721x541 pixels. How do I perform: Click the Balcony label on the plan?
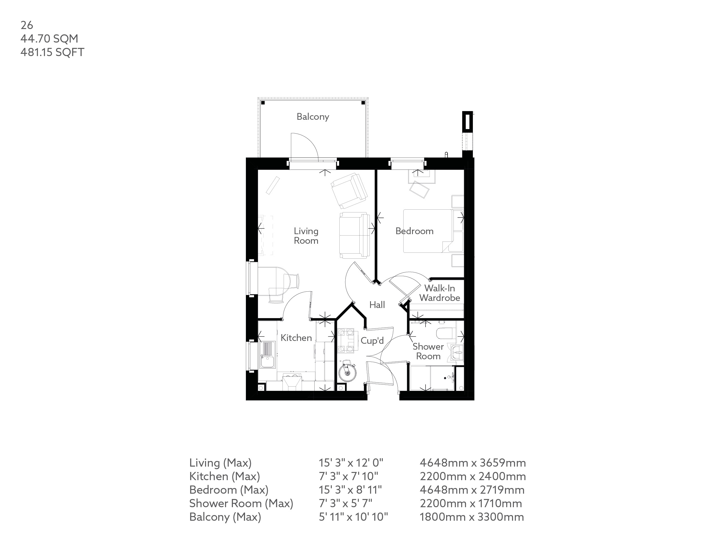click(313, 117)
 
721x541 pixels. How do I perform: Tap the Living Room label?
click(306, 236)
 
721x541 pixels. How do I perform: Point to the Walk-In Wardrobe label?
click(439, 293)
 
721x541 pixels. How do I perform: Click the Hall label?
click(377, 305)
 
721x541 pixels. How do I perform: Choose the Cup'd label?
click(372, 340)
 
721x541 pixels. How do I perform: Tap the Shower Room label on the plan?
click(428, 351)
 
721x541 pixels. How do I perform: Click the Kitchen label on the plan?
click(296, 338)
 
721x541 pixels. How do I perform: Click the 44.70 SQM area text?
click(49, 39)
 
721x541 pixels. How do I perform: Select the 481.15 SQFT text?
click(52, 52)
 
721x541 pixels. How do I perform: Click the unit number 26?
click(27, 25)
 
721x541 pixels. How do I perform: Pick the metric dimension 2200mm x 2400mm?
click(473, 476)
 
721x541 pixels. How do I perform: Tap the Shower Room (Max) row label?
click(241, 504)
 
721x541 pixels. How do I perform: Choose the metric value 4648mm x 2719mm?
click(472, 490)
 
